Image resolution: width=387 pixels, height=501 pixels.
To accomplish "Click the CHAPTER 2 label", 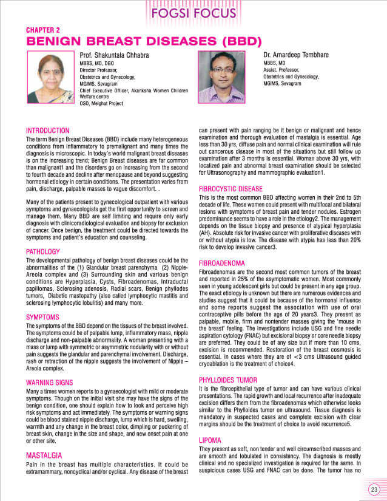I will tap(42, 30).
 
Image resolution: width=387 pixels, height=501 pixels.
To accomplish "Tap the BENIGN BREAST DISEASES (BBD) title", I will tap(143, 42).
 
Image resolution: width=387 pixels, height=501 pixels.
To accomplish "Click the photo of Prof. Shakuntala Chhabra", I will tap(50, 77).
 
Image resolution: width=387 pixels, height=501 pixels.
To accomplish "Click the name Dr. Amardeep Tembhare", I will tap(296, 55).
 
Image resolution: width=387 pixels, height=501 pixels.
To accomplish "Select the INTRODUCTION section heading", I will tap(47, 131).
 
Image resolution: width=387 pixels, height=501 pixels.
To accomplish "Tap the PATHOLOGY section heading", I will tap(42, 251).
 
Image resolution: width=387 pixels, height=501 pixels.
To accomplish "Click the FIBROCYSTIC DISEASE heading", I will tap(231, 189).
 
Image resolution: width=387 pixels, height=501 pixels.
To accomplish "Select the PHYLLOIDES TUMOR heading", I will tap(231, 380).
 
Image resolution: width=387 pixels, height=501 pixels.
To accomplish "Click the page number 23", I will tap(374, 489).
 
